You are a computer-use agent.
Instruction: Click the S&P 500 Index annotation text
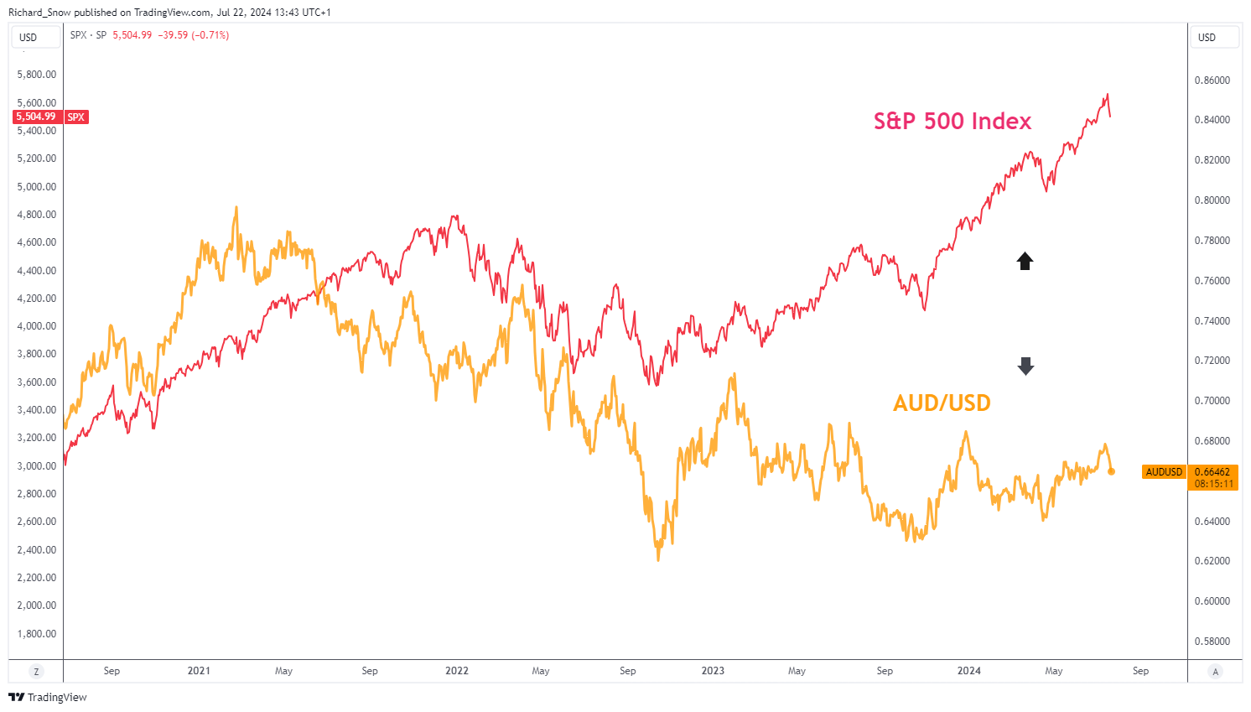tap(953, 122)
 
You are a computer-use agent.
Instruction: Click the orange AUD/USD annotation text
tap(942, 403)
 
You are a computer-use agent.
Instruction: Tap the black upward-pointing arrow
tap(1025, 261)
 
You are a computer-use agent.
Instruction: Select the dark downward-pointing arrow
tap(1025, 366)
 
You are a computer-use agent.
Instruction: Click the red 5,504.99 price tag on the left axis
tap(36, 117)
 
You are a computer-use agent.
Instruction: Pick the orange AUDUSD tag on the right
tap(1164, 472)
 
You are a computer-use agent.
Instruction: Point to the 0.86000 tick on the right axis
tap(1212, 81)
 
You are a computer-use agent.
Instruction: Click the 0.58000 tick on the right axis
tap(1212, 642)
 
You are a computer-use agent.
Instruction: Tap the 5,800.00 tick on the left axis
tap(37, 75)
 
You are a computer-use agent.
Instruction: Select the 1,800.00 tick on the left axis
tap(37, 634)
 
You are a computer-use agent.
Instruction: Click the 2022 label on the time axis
tap(457, 671)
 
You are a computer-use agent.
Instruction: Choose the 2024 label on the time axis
tap(969, 671)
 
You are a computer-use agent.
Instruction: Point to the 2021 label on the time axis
tap(199, 671)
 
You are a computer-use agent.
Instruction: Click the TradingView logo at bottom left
tap(48, 698)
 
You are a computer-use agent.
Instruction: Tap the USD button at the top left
tap(29, 37)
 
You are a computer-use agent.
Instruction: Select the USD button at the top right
tap(1207, 37)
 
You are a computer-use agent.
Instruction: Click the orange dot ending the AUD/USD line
tap(1112, 471)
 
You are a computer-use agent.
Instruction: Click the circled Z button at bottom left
tap(36, 672)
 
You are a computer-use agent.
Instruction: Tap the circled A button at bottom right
tap(1215, 672)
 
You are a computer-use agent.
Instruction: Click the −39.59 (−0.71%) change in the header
tap(194, 35)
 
